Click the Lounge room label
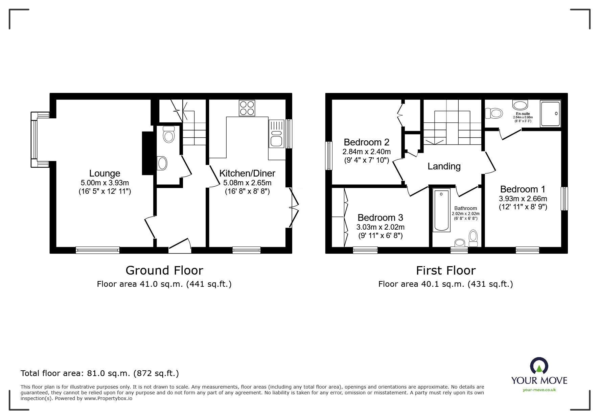click(x=105, y=173)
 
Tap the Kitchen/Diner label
click(x=247, y=173)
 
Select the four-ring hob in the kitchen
click(x=247, y=108)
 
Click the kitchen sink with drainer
click(x=276, y=134)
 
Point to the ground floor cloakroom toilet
click(x=168, y=135)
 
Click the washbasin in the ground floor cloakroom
click(x=162, y=163)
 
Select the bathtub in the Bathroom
click(x=441, y=210)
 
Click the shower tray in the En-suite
click(x=550, y=113)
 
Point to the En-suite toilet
click(x=494, y=113)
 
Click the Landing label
click(x=444, y=166)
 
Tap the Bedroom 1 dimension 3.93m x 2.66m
click(x=523, y=199)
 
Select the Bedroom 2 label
click(x=366, y=142)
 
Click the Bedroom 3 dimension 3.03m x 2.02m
click(x=380, y=227)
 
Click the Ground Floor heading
click(x=164, y=271)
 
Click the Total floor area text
click(x=100, y=373)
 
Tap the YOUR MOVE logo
click(x=539, y=375)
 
